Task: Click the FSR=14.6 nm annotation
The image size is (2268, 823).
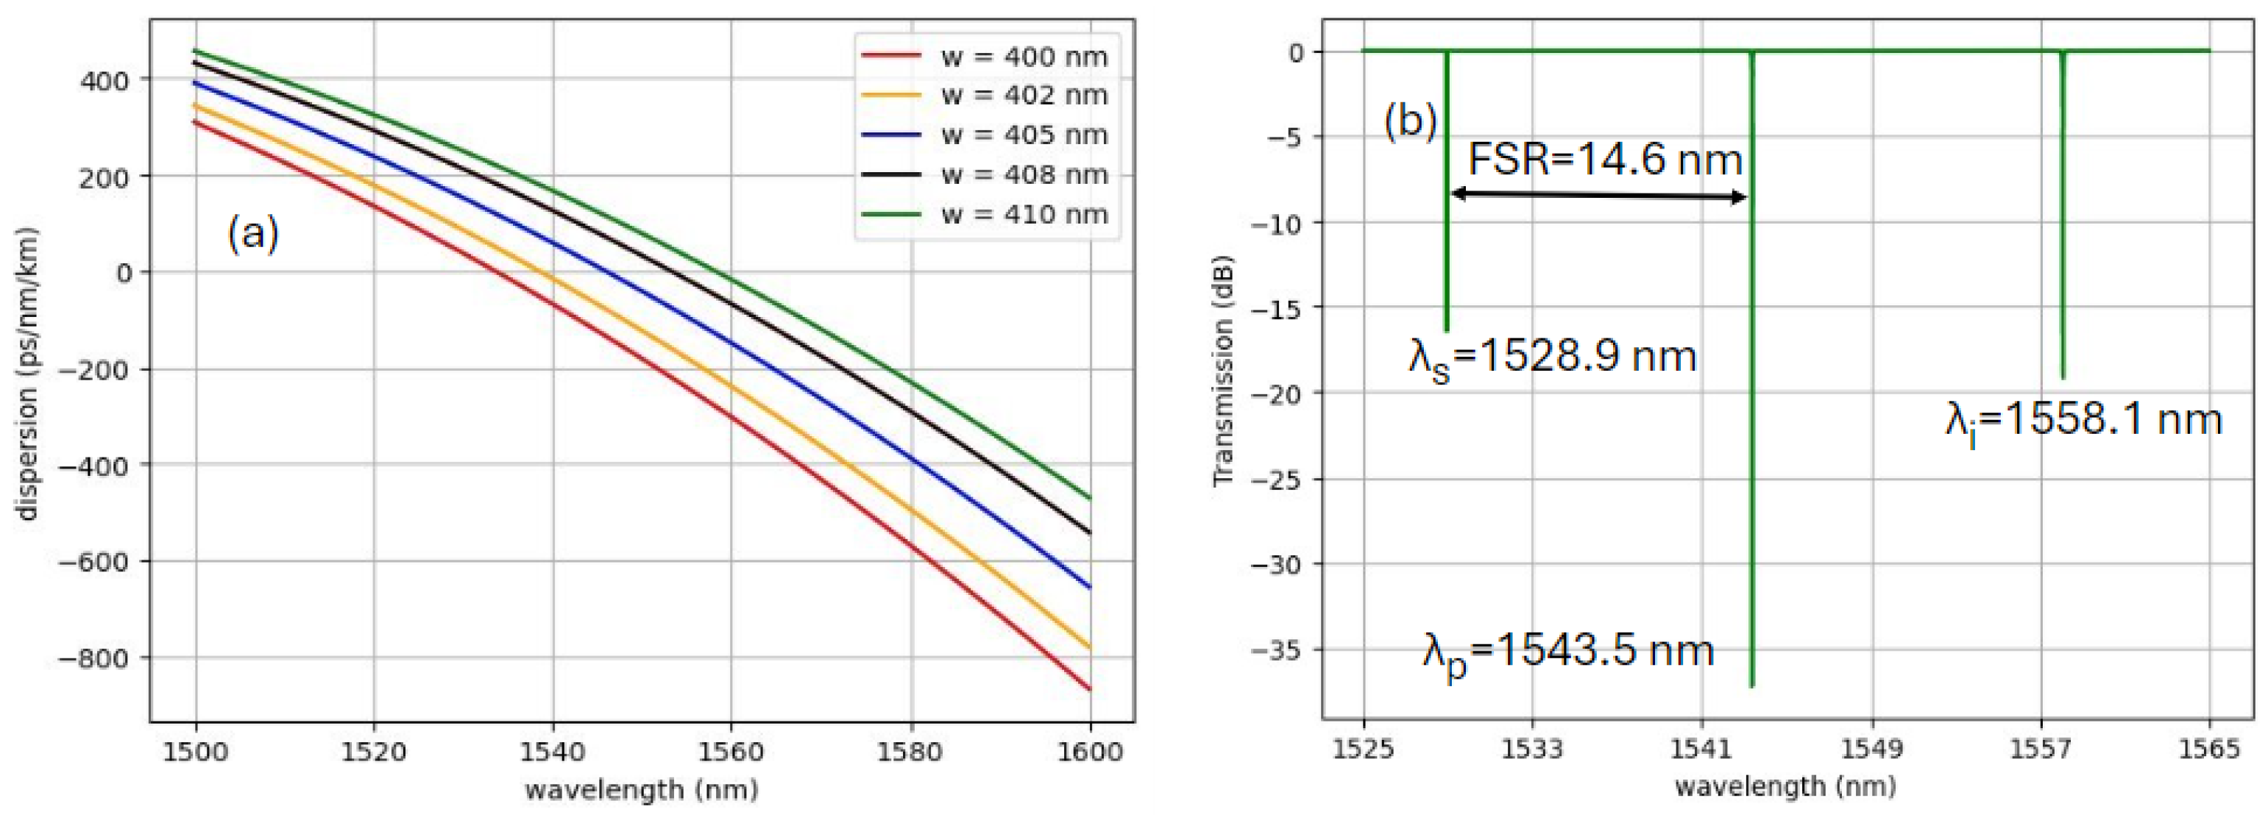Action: tap(1605, 160)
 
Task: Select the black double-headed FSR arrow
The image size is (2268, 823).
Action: tap(1598, 196)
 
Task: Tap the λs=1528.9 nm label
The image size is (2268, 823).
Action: tap(1552, 358)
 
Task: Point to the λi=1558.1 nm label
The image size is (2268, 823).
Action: tap(2083, 421)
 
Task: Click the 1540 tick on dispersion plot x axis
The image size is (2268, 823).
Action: tap(553, 752)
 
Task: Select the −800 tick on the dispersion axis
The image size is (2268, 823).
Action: tap(93, 658)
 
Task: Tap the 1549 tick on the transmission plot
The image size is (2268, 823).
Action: tap(1872, 749)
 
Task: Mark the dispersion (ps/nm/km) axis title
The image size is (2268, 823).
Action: tap(28, 374)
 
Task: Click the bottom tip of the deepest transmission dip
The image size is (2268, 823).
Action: tap(1752, 685)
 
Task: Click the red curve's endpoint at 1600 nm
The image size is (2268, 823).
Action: tap(1090, 689)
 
